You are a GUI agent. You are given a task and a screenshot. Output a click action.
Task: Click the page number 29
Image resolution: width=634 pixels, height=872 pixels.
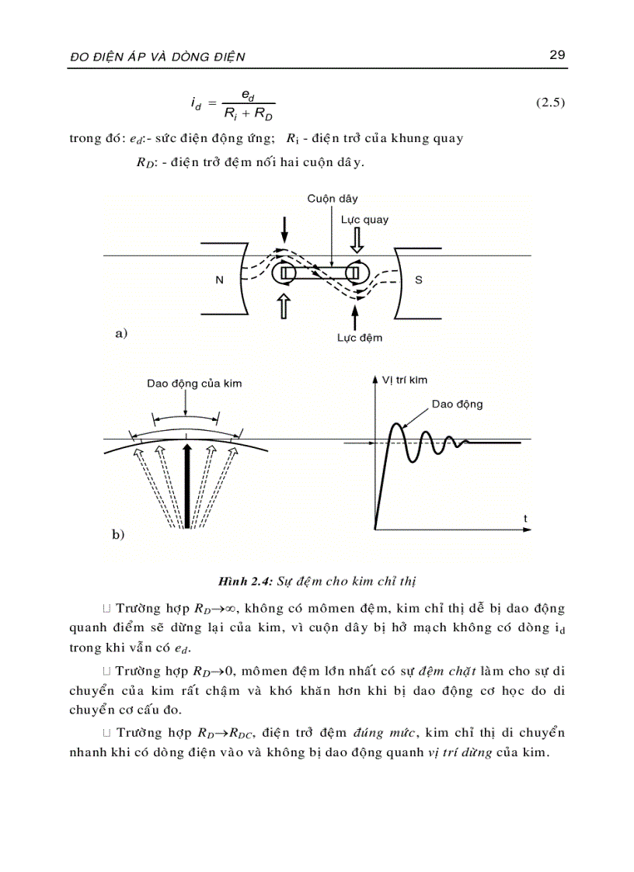tap(556, 54)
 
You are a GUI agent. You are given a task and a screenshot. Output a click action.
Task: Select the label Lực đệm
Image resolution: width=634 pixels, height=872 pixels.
tap(359, 338)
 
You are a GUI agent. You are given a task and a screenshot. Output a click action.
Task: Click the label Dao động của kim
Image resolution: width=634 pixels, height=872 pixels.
tap(194, 384)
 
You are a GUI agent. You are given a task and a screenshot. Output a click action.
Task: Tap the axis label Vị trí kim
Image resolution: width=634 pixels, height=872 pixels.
tap(405, 380)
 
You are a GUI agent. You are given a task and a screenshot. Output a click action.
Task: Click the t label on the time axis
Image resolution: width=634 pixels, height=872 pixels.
tap(525, 517)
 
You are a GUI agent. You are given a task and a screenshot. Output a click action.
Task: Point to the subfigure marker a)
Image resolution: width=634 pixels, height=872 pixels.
tap(120, 334)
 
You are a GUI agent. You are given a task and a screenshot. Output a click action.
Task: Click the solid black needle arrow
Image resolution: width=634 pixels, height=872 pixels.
tap(186, 485)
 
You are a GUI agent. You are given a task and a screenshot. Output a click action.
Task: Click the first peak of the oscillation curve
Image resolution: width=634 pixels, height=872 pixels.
tap(397, 426)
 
